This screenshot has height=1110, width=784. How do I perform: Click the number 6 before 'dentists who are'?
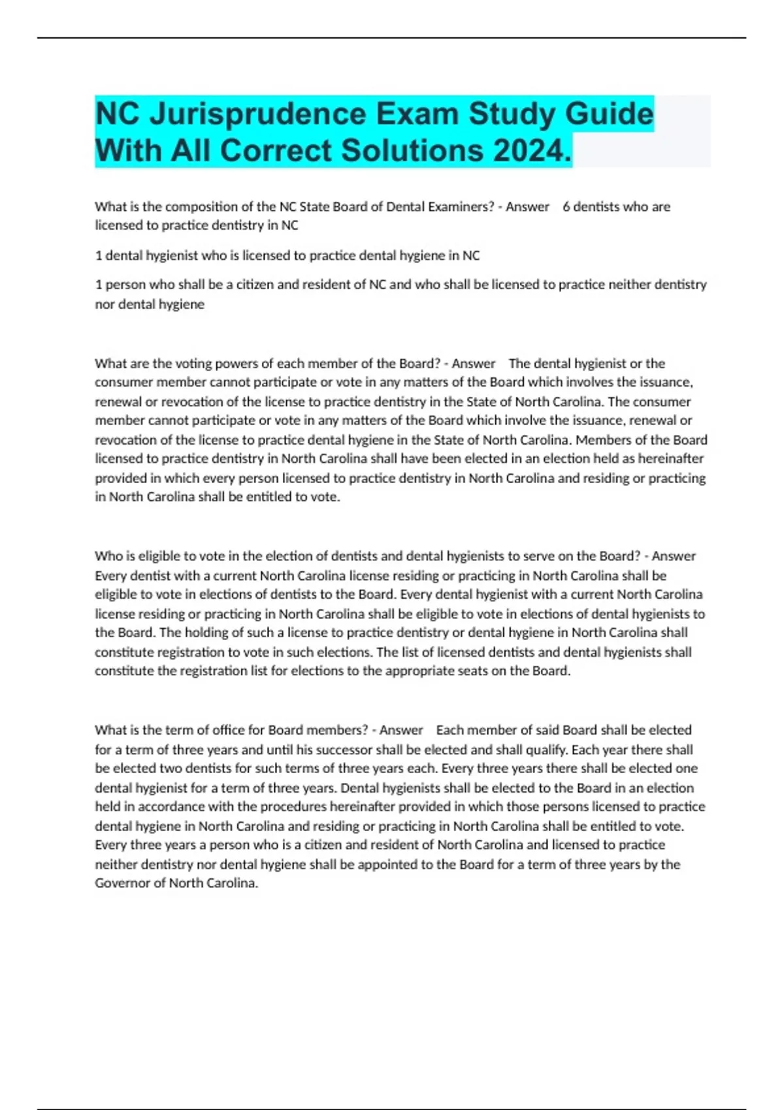point(566,207)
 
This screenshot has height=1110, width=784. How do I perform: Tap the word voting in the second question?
point(172,364)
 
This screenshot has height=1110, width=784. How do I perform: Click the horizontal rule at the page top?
point(392,39)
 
